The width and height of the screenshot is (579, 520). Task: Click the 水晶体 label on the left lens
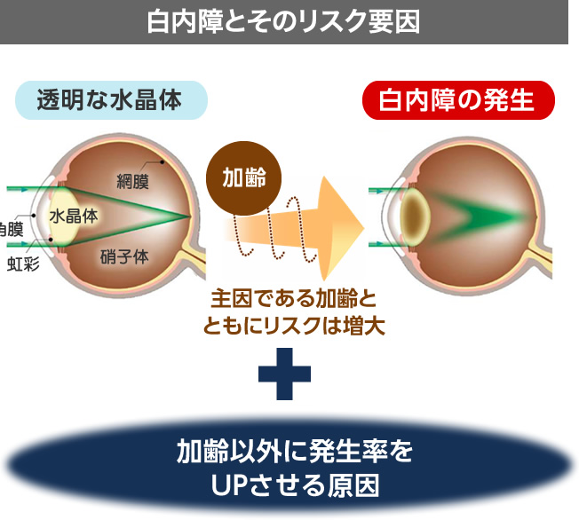pos(74,215)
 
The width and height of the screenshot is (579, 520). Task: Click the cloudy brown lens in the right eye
pos(414,216)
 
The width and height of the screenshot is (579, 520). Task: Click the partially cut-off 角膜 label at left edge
pos(11,228)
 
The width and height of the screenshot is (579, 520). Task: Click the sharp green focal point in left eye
pos(187,217)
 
